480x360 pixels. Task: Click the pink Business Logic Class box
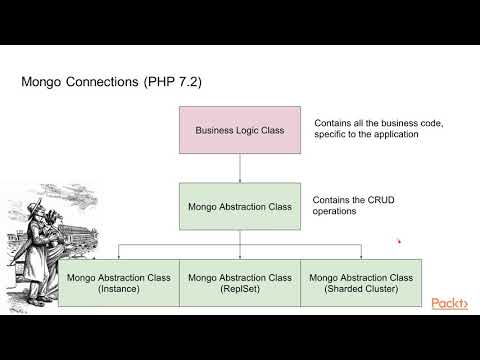[239, 129]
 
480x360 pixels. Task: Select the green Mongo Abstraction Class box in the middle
[239, 207]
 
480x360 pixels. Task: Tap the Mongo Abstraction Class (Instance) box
[118, 282]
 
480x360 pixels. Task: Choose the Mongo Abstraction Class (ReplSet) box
[240, 282]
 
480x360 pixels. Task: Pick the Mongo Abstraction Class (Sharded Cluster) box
[361, 282]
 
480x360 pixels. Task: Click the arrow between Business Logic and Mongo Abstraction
[239, 168]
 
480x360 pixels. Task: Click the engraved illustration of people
[34, 245]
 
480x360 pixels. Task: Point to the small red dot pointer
[399, 240]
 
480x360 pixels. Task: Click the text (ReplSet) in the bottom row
[240, 289]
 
